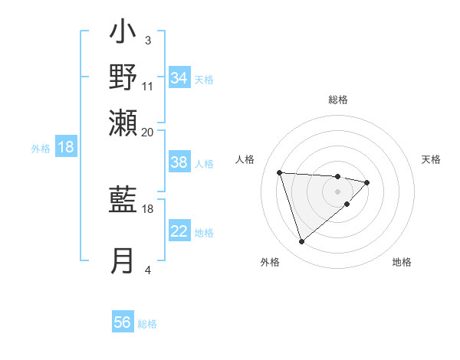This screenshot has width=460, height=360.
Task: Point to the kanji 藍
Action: pos(123,201)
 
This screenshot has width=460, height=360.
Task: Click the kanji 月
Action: pos(123,260)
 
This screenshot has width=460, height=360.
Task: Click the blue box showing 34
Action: pos(179,78)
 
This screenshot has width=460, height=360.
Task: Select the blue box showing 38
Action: pos(179,162)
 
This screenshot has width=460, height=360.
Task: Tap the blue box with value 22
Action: pos(179,231)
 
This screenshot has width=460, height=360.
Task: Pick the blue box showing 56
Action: pos(123,322)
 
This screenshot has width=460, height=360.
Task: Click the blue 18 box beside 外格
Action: pos(66,147)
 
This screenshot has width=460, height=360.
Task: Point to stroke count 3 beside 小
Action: pos(148,40)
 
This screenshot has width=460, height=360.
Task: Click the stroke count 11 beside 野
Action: pos(148,86)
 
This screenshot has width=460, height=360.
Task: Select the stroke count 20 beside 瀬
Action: pos(148,132)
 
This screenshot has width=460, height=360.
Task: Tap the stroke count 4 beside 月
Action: pos(148,270)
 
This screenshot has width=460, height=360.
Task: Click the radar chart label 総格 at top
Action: pos(338,100)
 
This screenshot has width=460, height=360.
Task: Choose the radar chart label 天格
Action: pos(432,159)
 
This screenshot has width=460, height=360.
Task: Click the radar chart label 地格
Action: pos(402,263)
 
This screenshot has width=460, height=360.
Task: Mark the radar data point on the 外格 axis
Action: pos(301,242)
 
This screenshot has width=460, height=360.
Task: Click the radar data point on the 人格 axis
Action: pos(280,172)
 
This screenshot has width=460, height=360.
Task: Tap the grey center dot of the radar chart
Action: pos(338,191)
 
